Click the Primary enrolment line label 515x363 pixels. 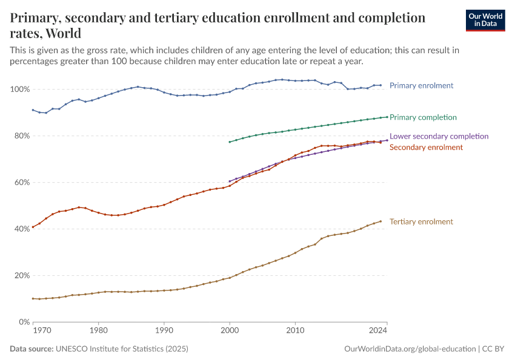pos(421,85)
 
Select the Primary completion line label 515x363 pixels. pos(423,117)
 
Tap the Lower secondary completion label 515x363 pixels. pos(439,136)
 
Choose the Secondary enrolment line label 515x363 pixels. pos(426,147)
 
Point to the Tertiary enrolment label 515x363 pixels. pos(421,221)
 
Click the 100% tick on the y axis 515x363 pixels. pos(21,90)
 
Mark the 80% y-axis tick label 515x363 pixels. pos(21,136)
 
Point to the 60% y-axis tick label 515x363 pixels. pos(21,183)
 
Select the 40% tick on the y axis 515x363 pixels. pos(21,229)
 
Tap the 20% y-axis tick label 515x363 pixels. pos(21,275)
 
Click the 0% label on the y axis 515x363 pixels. pos(24,322)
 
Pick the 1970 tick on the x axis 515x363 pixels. pos(41,330)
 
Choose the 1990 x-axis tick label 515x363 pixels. pos(164,330)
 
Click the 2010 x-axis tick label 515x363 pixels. pos(294,330)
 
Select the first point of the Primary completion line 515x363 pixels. pos(230,142)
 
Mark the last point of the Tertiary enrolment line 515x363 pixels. pos(380,221)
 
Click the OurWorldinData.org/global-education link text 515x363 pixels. pos(410,349)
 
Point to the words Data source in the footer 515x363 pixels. pos(32,349)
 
